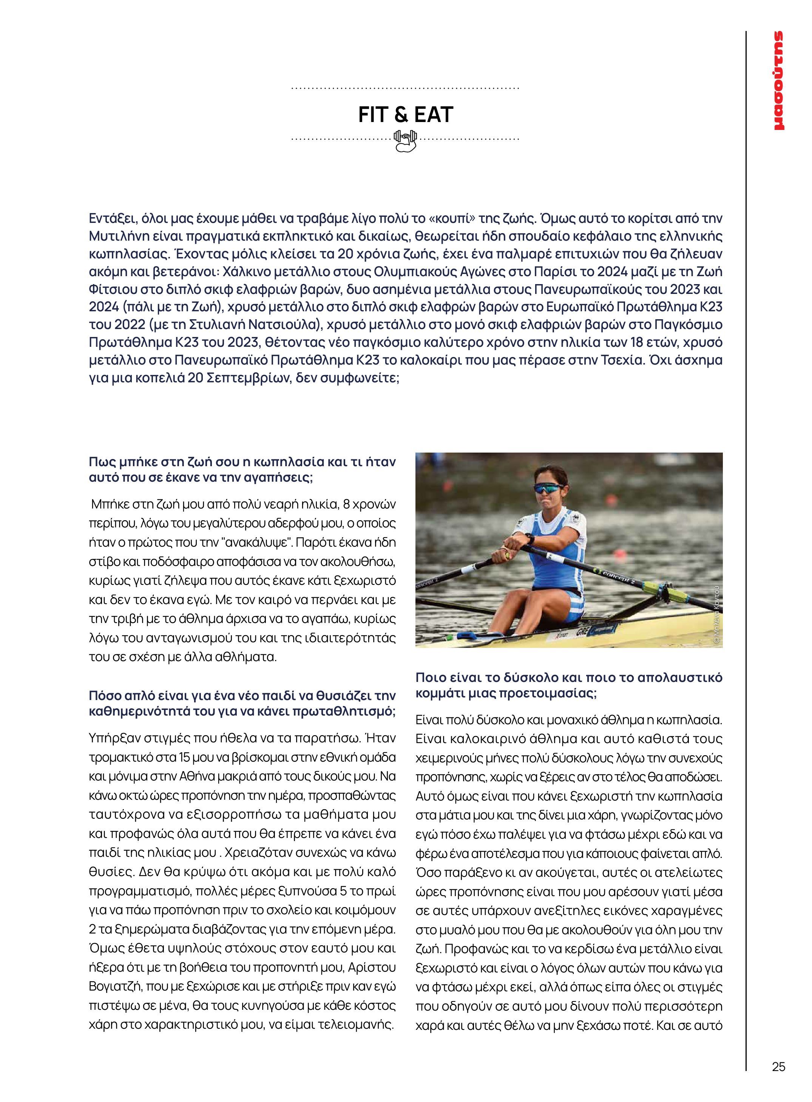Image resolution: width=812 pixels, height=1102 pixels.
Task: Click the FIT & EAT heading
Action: [x=406, y=114]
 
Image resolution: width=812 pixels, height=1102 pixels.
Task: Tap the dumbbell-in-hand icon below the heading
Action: [x=406, y=141]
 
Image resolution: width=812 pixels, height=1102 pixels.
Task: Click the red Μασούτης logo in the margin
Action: [x=778, y=81]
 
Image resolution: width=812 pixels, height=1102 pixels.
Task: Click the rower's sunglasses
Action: [x=549, y=488]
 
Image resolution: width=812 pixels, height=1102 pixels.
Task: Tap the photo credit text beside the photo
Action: [x=717, y=614]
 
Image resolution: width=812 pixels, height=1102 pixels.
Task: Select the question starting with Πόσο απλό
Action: [x=242, y=703]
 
